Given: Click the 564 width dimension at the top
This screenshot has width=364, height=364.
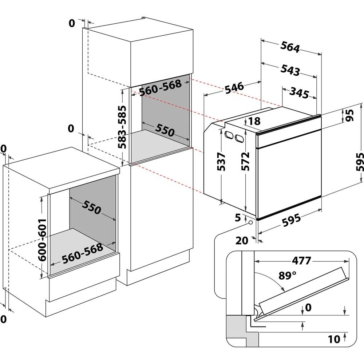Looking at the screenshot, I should click(x=290, y=48).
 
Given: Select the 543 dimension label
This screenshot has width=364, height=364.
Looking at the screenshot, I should click(x=290, y=70).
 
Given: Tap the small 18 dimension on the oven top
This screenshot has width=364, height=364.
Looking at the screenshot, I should click(x=254, y=121).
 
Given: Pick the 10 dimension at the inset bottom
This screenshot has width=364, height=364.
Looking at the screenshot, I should click(x=334, y=339).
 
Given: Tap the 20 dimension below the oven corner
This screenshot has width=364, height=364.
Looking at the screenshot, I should click(x=242, y=240).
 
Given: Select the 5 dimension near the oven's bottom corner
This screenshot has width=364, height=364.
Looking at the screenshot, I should click(x=238, y=218).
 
